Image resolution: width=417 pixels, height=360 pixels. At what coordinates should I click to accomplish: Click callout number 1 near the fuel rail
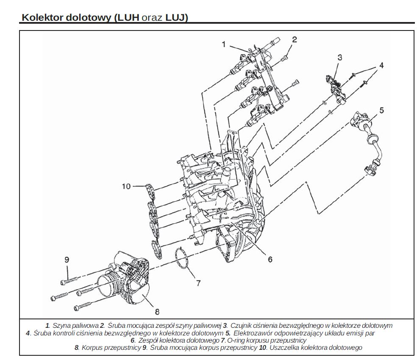[x=224, y=44]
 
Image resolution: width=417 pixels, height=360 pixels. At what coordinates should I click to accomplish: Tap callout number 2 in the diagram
[x=295, y=40]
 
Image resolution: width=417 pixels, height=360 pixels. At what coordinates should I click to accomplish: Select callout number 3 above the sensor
[x=339, y=58]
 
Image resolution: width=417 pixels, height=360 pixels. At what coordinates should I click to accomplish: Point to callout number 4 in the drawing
[x=381, y=65]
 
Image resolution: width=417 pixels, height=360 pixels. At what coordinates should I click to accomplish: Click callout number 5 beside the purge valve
[x=382, y=110]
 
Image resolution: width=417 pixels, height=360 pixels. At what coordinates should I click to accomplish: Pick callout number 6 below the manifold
[x=270, y=259]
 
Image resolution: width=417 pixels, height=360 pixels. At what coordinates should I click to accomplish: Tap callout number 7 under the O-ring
[x=198, y=283]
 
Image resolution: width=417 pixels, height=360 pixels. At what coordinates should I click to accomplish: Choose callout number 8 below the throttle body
[x=157, y=312]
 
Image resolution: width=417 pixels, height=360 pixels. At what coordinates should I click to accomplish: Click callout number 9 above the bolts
[x=67, y=260]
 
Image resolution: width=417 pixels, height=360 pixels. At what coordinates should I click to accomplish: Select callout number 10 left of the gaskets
[x=126, y=186]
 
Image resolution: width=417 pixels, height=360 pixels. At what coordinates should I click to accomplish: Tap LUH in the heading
[x=128, y=17]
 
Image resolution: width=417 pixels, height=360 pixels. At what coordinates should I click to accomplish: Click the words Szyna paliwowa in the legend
[x=75, y=325]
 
